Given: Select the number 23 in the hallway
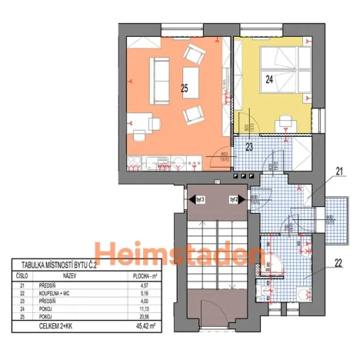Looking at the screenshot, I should pos(249,146).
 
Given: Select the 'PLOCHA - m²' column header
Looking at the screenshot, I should pos(138,275).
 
